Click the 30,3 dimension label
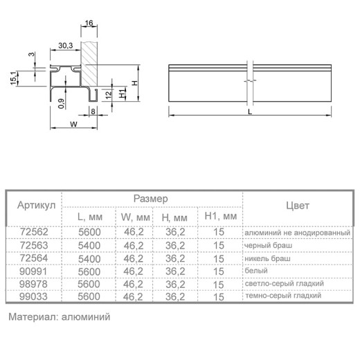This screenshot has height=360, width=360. [x=66, y=46]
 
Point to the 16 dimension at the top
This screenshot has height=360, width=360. [x=89, y=23]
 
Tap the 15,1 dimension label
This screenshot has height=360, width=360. [x=14, y=78]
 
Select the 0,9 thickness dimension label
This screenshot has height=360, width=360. [x=61, y=103]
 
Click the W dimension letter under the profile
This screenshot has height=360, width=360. [x=73, y=125]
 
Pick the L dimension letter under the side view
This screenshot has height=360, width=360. [x=250, y=112]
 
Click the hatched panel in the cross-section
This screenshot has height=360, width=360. [x=89, y=64]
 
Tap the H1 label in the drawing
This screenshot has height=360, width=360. [x=123, y=93]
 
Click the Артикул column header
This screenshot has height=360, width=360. [x=37, y=205]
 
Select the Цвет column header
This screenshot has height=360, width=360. [x=298, y=206]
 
